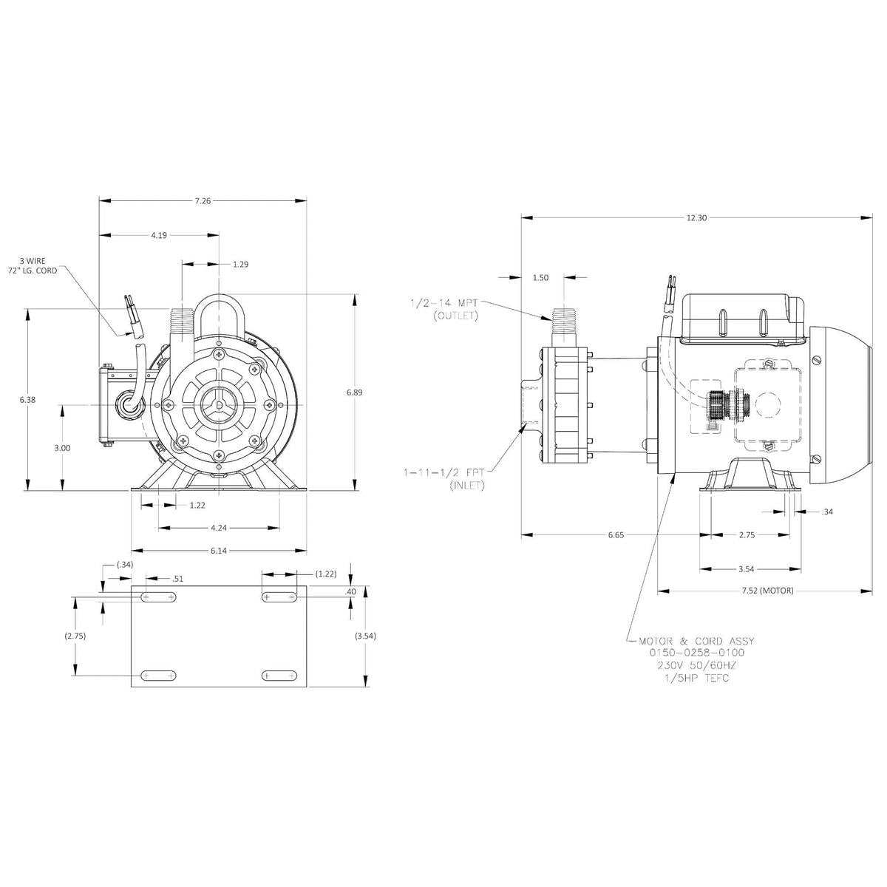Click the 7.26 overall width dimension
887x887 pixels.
click(202, 200)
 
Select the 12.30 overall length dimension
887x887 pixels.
click(696, 217)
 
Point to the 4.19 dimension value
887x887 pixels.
click(158, 235)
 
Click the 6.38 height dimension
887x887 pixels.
click(27, 399)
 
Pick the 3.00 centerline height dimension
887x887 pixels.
click(63, 447)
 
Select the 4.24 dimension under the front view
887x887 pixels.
click(219, 528)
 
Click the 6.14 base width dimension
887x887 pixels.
click(219, 551)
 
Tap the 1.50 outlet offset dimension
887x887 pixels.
click(540, 277)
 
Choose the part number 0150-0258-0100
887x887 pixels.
click(696, 653)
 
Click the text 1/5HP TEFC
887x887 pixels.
click(696, 678)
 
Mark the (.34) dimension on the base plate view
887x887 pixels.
click(125, 565)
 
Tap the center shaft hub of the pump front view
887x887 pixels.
click(220, 404)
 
